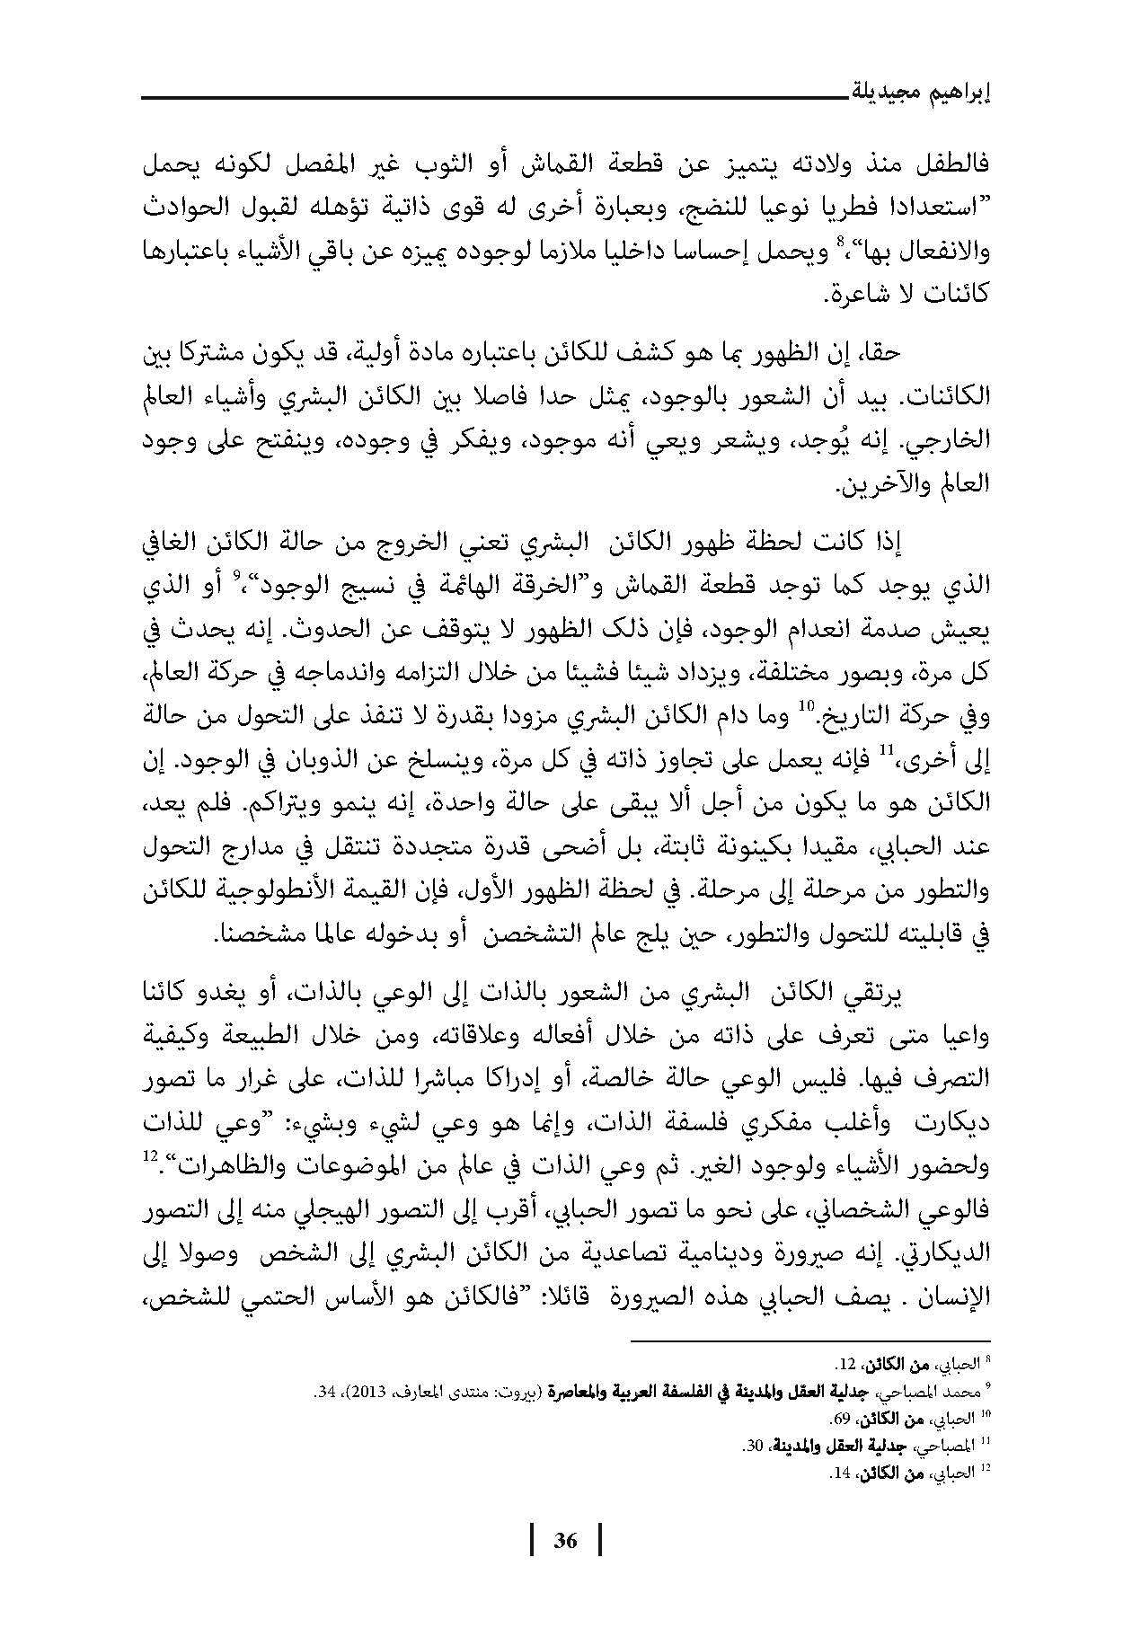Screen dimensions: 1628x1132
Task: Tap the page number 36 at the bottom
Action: coord(565,1540)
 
